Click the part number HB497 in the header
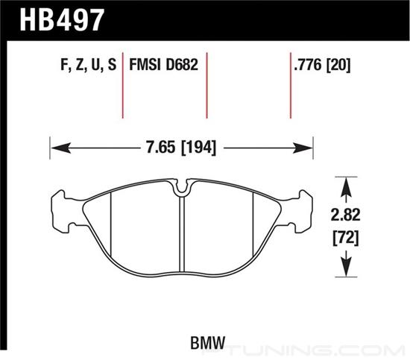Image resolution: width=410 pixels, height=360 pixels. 62,20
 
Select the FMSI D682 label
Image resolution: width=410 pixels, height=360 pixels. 164,65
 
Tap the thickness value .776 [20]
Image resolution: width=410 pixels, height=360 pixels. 322,65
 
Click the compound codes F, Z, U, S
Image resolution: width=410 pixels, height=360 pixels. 88,65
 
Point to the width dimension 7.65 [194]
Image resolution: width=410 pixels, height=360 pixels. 181,148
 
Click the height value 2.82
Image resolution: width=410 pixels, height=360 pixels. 345,215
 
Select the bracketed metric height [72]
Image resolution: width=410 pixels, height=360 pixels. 345,238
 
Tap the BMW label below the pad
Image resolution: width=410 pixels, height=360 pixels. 208,343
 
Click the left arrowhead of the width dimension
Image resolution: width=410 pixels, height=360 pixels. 61,148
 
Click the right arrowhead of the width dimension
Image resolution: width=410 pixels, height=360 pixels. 303,148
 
